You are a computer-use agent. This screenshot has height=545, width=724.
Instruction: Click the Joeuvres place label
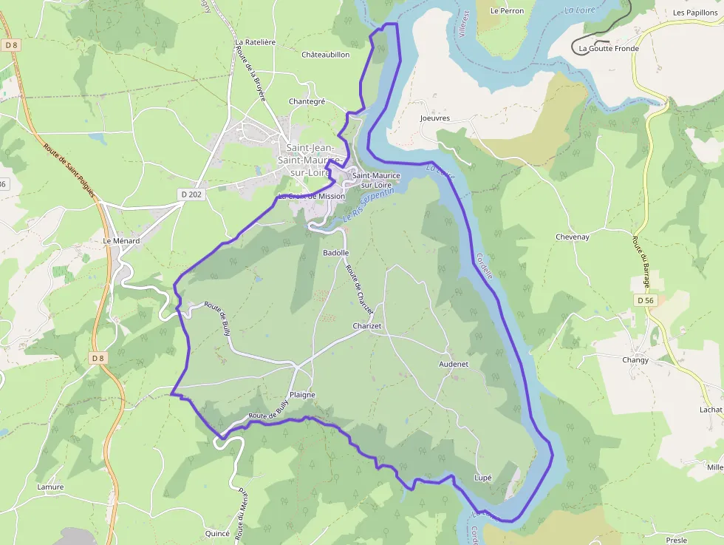[434, 118]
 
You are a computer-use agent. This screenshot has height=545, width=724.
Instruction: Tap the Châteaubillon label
[325, 55]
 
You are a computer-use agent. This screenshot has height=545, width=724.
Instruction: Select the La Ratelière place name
[255, 42]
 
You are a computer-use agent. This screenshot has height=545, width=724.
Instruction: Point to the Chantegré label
[307, 101]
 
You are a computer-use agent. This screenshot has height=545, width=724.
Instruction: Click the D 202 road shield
[191, 194]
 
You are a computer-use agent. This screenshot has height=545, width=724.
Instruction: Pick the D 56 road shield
[644, 300]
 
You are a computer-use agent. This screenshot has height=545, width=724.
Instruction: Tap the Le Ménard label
[121, 241]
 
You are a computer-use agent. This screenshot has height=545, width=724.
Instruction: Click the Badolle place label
[336, 253]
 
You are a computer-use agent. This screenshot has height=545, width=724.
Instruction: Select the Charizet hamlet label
[367, 326]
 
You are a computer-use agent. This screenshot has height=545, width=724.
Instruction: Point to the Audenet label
[454, 364]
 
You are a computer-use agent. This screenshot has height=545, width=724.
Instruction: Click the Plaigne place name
[302, 395]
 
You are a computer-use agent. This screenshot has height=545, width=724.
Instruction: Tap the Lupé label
[482, 478]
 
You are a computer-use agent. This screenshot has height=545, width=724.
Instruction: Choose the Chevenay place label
[573, 237]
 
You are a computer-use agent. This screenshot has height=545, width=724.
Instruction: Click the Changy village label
[635, 360]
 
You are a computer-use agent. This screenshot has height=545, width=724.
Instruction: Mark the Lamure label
[50, 487]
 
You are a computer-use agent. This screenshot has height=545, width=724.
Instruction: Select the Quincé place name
[218, 533]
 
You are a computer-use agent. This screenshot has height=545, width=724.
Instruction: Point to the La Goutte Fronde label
[609, 49]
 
